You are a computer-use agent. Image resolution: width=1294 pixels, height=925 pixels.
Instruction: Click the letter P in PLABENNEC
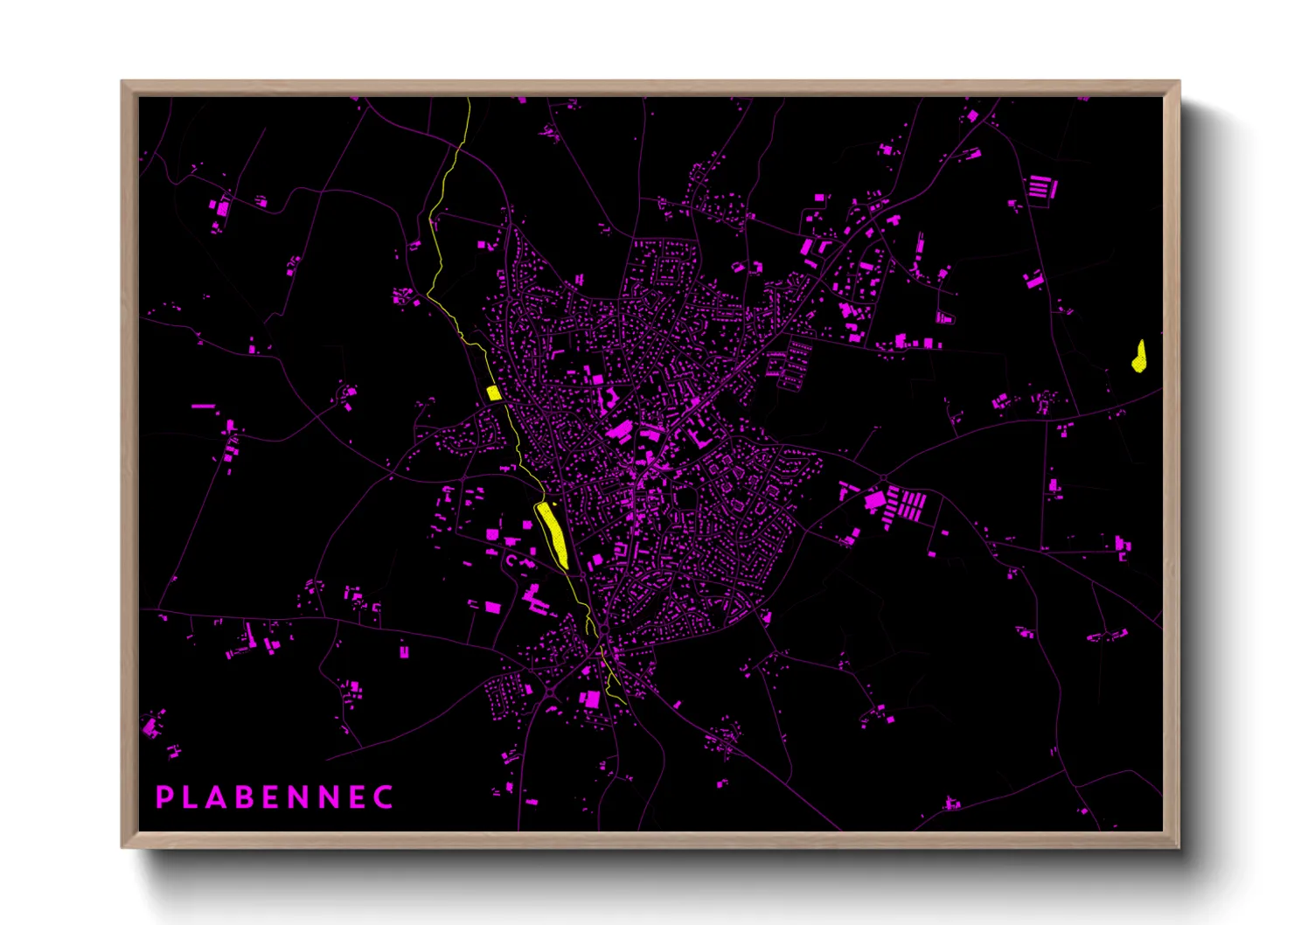coord(163,797)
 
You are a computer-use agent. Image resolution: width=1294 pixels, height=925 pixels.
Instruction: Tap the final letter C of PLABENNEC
coord(384,797)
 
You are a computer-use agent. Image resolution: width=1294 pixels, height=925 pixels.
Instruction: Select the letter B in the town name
coord(243,797)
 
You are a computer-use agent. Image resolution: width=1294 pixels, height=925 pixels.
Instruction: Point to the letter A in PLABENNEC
coord(215,797)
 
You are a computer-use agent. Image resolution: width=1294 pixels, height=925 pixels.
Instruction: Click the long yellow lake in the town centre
coord(553,533)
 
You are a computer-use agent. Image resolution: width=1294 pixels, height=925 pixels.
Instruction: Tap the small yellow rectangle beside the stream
coord(494,393)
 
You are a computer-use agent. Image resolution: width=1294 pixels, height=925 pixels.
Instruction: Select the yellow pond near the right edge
coord(1139,357)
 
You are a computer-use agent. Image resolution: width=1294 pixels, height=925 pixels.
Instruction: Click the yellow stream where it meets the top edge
coord(469,101)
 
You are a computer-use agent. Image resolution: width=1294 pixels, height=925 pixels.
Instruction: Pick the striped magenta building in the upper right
coord(1040,187)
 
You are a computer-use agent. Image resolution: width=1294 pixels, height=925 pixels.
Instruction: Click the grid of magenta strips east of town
coord(908,505)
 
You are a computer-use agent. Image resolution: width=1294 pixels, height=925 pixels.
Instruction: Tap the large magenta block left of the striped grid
coord(874,501)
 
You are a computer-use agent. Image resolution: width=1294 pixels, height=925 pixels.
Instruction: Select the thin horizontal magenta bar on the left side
coord(203,406)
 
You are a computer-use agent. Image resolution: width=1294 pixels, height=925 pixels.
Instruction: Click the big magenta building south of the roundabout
coord(591,699)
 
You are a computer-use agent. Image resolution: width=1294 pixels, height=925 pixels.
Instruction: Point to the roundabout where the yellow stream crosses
coord(603,629)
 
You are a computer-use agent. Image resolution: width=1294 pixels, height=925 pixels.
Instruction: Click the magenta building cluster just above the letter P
coord(154,726)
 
